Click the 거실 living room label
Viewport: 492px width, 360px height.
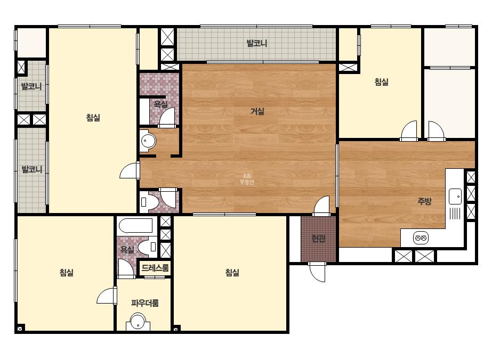tap(257, 111)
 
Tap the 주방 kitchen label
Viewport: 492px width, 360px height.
tap(424, 201)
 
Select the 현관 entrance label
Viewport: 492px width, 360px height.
tap(318, 239)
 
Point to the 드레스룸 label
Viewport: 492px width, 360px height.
tap(155, 268)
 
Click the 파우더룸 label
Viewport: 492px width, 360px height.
tap(144, 303)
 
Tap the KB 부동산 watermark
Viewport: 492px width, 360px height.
tap(247, 179)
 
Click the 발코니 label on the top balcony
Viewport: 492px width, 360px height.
tap(257, 43)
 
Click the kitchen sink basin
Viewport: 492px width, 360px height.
tap(455, 197)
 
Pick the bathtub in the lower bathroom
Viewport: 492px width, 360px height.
tap(136, 225)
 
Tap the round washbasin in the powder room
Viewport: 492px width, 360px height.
tap(138, 322)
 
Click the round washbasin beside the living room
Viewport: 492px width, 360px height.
tap(148, 141)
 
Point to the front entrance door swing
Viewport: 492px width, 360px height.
tap(318, 272)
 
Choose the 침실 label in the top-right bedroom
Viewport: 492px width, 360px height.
tap(381, 82)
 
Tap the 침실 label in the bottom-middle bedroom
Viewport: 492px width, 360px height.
tap(232, 273)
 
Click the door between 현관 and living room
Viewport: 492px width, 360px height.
tap(321, 206)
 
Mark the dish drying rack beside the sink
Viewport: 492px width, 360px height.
tap(455, 214)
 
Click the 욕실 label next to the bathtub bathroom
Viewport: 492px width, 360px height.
tap(127, 250)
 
